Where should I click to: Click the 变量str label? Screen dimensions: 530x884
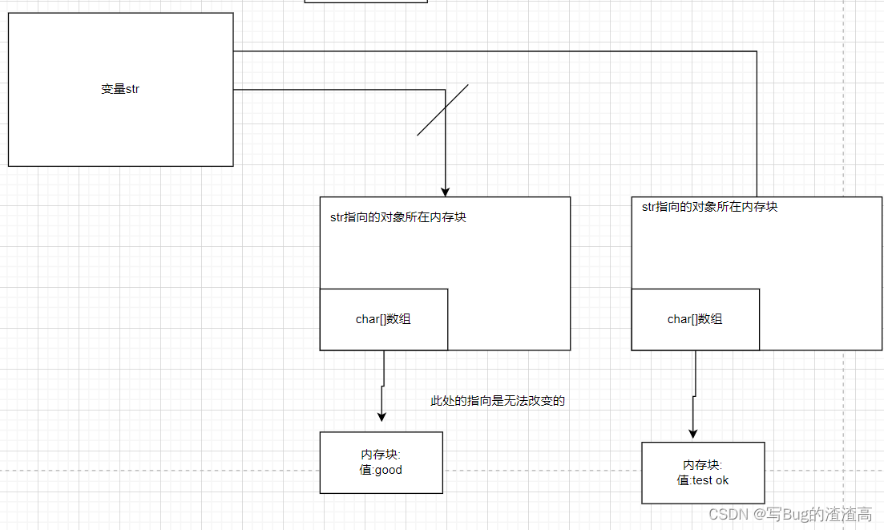(120, 89)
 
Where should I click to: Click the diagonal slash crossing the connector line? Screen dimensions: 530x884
(442, 110)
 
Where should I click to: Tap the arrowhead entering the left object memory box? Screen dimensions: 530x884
(446, 192)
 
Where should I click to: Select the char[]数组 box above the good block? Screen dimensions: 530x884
(383, 319)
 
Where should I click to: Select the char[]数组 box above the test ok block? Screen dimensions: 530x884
(695, 319)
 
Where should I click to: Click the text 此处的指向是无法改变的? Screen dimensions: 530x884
(498, 401)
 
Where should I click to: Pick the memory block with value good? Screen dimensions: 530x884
(381, 462)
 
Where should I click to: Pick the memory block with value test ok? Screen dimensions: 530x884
(703, 472)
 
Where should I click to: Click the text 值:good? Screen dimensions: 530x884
(381, 470)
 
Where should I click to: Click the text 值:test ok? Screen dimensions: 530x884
(703, 480)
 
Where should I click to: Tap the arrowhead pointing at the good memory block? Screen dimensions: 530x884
(382, 416)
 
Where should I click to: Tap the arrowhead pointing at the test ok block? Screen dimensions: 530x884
(693, 433)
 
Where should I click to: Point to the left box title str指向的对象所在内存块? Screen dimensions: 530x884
(398, 217)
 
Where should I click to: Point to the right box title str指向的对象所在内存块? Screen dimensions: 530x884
(709, 207)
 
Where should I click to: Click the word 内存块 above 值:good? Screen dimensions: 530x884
(381, 455)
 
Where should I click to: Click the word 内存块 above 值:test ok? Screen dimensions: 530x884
(703, 465)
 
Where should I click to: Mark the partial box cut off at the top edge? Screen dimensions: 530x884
(365, 2)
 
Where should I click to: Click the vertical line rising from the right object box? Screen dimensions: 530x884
(757, 120)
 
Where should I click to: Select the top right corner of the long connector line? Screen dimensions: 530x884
(757, 51)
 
